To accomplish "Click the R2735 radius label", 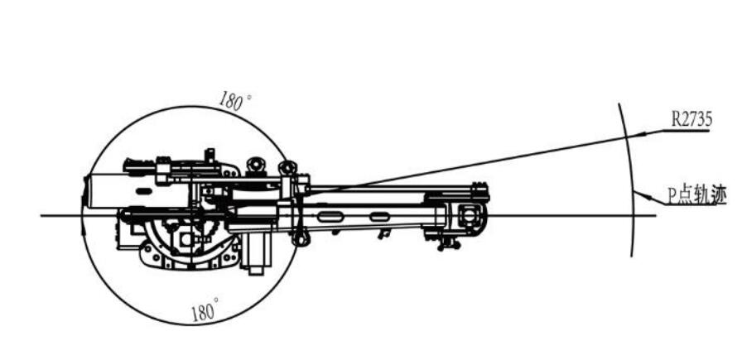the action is pos(691,120).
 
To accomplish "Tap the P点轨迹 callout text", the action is pos(696,195).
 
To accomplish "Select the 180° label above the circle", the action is pos(235,101).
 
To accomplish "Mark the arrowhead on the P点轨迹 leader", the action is pos(640,194).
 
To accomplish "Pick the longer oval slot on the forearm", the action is pos(330,217).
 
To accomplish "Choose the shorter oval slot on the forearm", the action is pos(379,217).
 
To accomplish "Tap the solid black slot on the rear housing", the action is pos(144,191).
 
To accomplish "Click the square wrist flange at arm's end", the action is pos(470,216).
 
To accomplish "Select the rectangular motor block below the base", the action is pos(256,252).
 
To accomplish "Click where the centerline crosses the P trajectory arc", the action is pos(633,216).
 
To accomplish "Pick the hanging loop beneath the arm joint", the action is pos(301,237).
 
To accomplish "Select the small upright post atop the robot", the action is pos(209,156).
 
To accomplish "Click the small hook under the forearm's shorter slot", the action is pos(385,233).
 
